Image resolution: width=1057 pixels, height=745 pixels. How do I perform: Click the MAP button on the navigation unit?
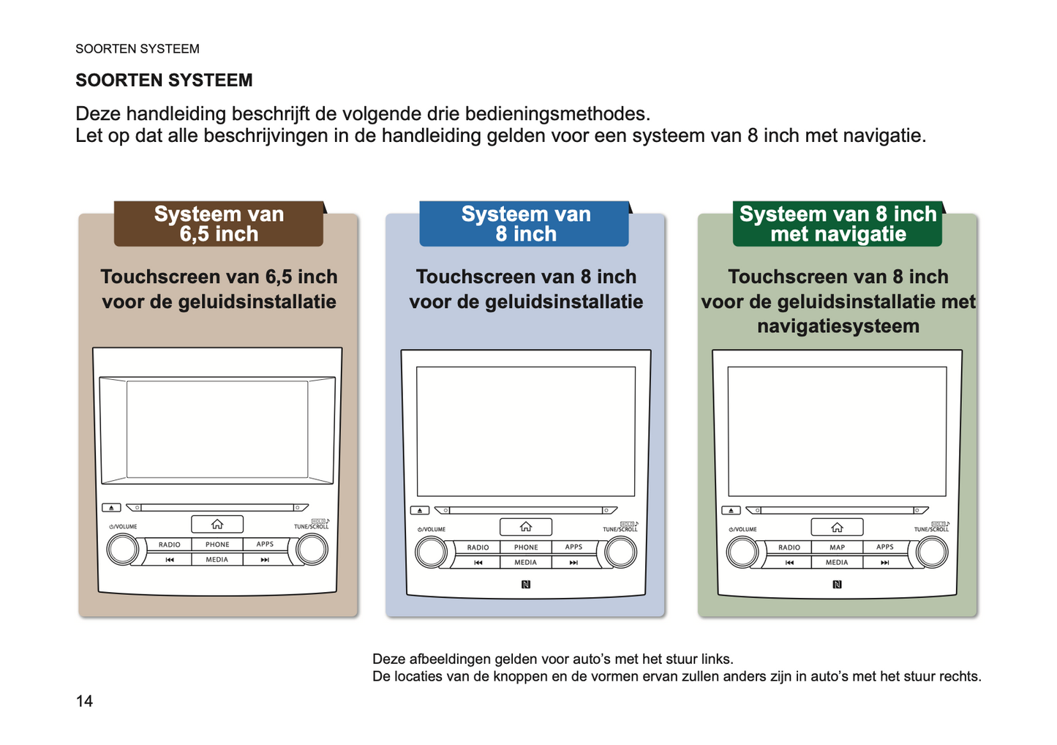(837, 547)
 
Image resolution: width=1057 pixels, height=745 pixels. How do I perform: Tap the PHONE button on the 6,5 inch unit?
(217, 544)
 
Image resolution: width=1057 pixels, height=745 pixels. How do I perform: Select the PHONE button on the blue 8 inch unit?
(526, 547)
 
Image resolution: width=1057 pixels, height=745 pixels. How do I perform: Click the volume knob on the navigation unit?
(742, 553)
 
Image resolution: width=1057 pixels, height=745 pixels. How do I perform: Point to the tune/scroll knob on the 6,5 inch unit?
(312, 550)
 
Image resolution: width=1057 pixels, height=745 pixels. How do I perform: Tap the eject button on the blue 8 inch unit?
(419, 510)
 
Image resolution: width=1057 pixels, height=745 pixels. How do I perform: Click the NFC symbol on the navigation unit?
(837, 584)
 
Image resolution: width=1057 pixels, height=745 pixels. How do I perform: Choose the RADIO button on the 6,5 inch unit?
(170, 544)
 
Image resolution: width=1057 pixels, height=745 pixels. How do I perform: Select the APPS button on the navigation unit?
(885, 547)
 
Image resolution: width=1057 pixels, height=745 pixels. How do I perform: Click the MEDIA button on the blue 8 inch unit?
(526, 563)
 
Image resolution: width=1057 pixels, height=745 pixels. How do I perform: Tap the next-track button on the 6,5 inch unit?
(265, 560)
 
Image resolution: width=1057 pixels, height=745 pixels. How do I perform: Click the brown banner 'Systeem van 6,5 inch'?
(219, 224)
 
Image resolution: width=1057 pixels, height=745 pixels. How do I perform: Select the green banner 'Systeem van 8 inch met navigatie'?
(838, 224)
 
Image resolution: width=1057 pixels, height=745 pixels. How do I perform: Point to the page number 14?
(84, 701)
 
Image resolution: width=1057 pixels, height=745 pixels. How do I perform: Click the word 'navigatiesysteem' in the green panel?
(838, 326)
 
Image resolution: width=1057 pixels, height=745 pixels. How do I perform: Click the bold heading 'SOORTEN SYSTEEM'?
(164, 81)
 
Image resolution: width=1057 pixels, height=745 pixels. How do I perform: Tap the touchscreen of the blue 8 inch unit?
(526, 432)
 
